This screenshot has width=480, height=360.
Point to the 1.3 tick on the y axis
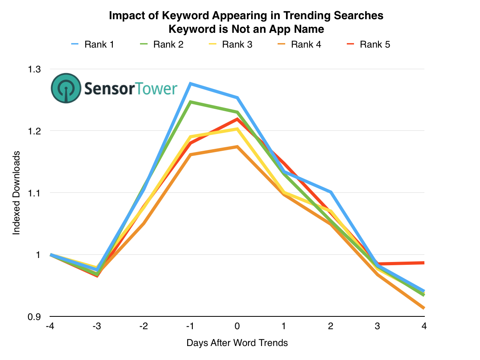coord(35,69)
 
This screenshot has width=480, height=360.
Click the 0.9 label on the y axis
coord(35,316)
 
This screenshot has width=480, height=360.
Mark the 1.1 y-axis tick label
coord(35,193)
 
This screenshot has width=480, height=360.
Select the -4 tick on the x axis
coord(50,326)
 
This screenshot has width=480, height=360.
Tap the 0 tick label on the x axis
coord(237,326)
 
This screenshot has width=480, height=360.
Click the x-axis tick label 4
coord(424,326)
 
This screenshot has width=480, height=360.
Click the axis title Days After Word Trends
coord(237,343)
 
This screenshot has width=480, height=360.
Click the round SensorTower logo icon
coord(66,88)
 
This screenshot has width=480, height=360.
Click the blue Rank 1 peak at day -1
coord(190,84)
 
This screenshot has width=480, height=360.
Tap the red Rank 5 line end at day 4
coord(423,263)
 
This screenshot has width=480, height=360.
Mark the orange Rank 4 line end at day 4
coord(423,308)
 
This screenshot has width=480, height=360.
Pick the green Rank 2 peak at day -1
coord(190,102)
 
